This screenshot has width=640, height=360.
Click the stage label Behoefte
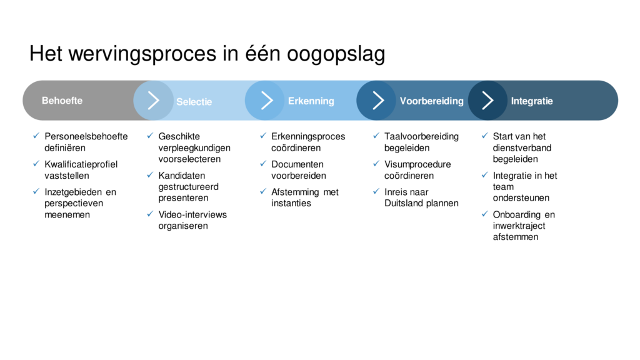point(62,101)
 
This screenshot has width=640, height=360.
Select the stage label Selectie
point(194,102)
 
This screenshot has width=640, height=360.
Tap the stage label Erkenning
point(311,101)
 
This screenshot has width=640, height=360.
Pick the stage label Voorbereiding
point(431,101)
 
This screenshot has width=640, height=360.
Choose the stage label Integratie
point(532,101)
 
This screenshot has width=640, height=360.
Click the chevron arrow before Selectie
point(154,101)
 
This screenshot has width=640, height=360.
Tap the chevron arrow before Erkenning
point(266,101)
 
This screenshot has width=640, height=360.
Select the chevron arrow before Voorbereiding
point(378,101)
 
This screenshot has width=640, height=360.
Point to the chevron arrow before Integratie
point(487,101)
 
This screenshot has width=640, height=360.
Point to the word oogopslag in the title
point(336,54)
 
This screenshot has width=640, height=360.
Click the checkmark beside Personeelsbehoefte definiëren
point(36,136)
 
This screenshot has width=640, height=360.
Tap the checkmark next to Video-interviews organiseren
point(150,214)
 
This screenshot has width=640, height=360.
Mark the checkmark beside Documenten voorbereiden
point(263,164)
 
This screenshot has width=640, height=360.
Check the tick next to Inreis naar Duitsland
point(376,191)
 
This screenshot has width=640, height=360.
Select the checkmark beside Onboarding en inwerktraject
point(485,214)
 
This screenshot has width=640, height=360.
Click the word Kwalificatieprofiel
point(81,164)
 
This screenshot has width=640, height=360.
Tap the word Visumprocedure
point(417,164)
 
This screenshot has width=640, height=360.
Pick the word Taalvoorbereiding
point(422,137)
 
